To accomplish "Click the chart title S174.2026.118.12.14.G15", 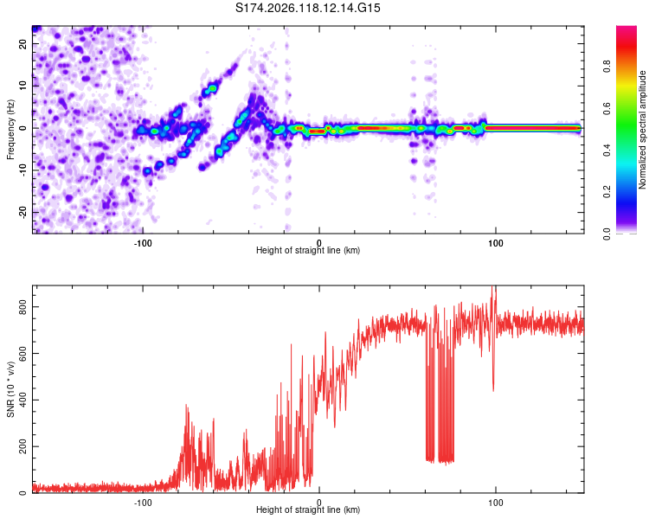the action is tap(307, 8).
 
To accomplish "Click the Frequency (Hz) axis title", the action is tap(10, 129).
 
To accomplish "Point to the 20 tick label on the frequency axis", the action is tap(22, 44).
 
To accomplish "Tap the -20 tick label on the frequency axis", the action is tap(22, 211).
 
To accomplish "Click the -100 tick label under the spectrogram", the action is tap(143, 243).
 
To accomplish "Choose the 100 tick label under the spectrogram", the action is tap(496, 243).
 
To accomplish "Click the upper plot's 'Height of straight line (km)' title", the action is tap(308, 250).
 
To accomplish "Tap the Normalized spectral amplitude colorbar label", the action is tap(642, 129).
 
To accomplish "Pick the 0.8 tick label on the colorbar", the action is tap(607, 67).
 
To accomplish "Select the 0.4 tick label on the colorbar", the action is tap(607, 150).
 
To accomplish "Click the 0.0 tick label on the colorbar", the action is tap(607, 234).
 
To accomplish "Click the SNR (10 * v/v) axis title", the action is tap(10, 389).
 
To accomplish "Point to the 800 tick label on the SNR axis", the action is tap(22, 307).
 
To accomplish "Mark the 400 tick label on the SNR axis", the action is tap(22, 400).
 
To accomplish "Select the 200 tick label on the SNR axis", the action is tap(22, 446).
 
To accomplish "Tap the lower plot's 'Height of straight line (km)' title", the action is tap(308, 509).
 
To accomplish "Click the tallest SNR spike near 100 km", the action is tap(492, 287).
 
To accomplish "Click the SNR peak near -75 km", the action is tap(186, 406).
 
